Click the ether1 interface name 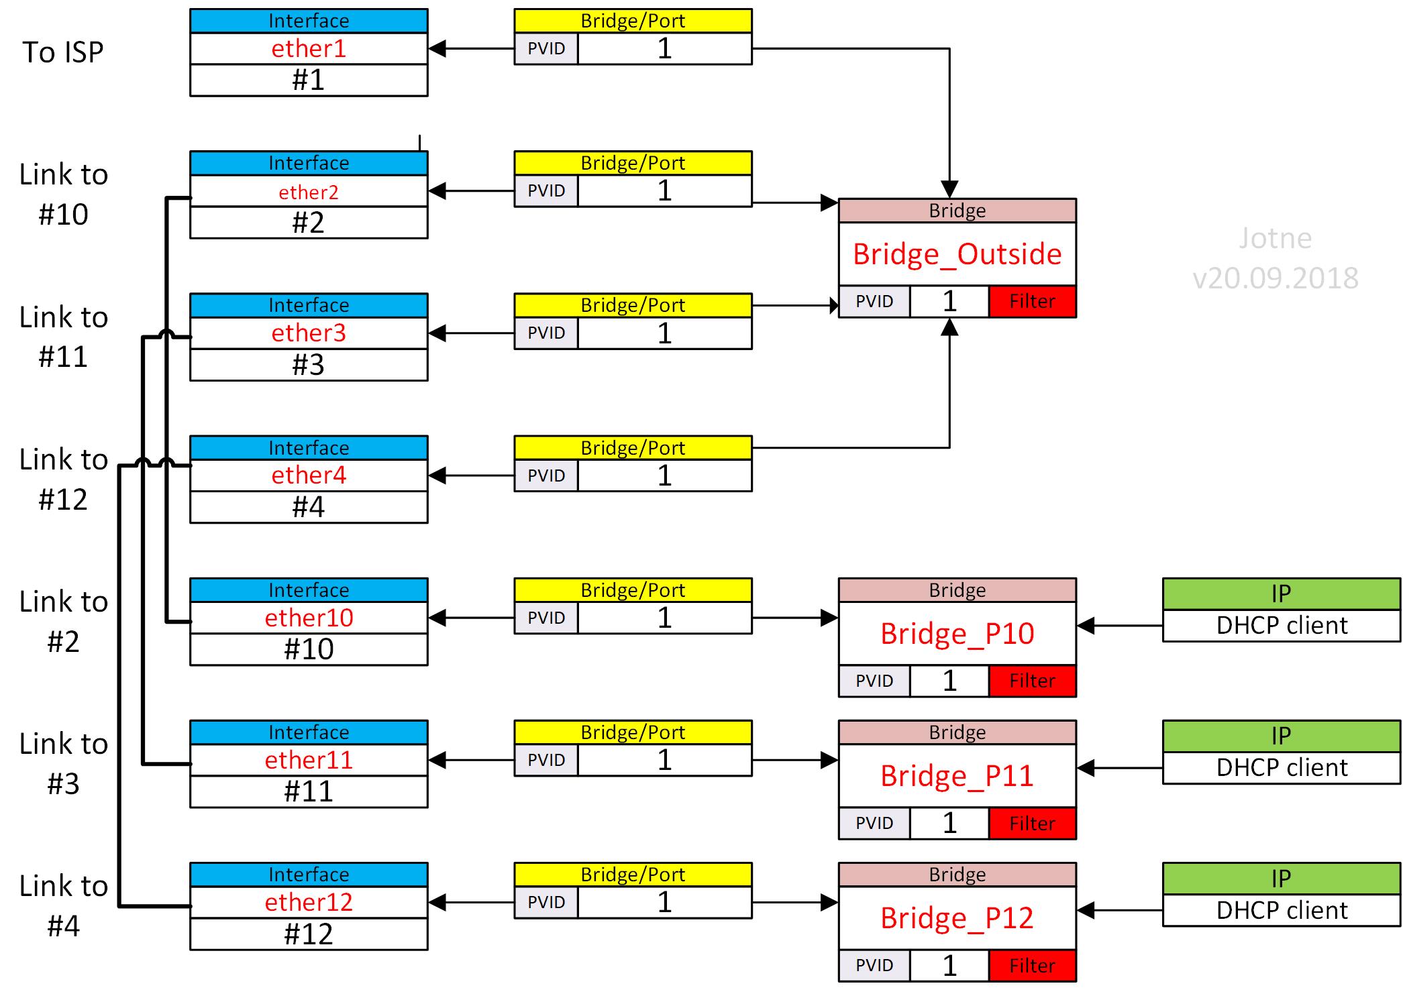click(309, 49)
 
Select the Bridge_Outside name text click(957, 254)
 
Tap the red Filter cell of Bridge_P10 click(1032, 681)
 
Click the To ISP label click(63, 52)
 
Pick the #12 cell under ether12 click(309, 934)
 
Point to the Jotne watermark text click(1275, 239)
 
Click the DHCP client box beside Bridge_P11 click(1282, 768)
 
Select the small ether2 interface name click(309, 192)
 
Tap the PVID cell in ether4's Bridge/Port click(546, 476)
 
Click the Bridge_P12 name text click(957, 918)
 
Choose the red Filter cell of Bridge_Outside click(1032, 301)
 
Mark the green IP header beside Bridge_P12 click(1282, 879)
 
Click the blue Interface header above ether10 click(309, 590)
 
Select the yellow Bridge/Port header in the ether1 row click(633, 21)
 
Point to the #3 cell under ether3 click(309, 365)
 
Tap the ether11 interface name click(309, 761)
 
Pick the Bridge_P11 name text click(957, 776)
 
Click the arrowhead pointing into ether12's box click(437, 903)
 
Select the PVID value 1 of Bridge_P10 click(949, 681)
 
